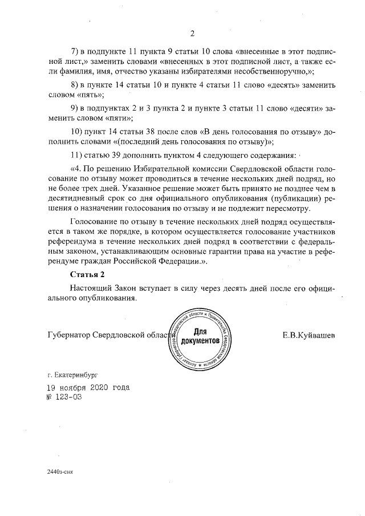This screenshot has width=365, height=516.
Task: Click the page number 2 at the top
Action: coord(192,33)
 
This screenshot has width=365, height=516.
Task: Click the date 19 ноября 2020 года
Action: coord(87,388)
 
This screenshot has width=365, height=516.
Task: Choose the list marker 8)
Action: coord(74,85)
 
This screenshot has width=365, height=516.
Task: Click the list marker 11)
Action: coord(76,155)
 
